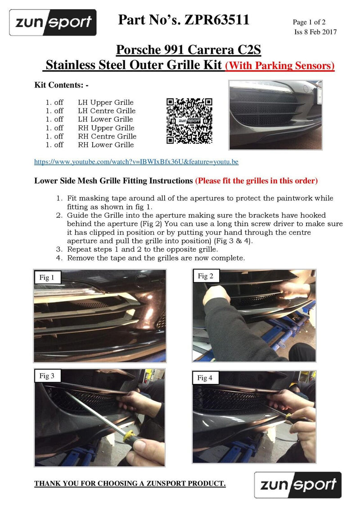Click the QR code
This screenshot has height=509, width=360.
(x=189, y=121)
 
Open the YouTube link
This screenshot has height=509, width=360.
(x=136, y=162)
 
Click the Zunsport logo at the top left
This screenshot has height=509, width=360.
(x=53, y=22)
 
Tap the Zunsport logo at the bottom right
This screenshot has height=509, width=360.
(x=297, y=485)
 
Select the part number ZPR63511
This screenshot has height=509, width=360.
(x=217, y=20)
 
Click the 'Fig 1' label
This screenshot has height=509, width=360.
(x=47, y=277)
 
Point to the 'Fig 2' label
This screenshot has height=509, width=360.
(x=205, y=276)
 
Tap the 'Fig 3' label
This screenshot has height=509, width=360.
(x=47, y=376)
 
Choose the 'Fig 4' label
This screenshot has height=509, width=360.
(x=205, y=378)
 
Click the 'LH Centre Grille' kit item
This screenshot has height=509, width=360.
(x=107, y=111)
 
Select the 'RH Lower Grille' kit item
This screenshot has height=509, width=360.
(x=106, y=145)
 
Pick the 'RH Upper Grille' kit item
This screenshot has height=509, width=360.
(x=106, y=128)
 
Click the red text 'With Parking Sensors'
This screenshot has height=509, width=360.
(x=280, y=66)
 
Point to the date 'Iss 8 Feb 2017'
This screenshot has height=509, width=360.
(x=315, y=32)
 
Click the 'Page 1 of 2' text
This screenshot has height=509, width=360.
(x=309, y=22)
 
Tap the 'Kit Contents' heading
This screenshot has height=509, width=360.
(x=61, y=85)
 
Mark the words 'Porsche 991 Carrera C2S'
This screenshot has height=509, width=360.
(x=189, y=49)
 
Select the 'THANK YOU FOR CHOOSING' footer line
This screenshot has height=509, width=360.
(x=130, y=483)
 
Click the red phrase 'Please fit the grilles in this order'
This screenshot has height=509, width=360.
(x=256, y=181)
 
